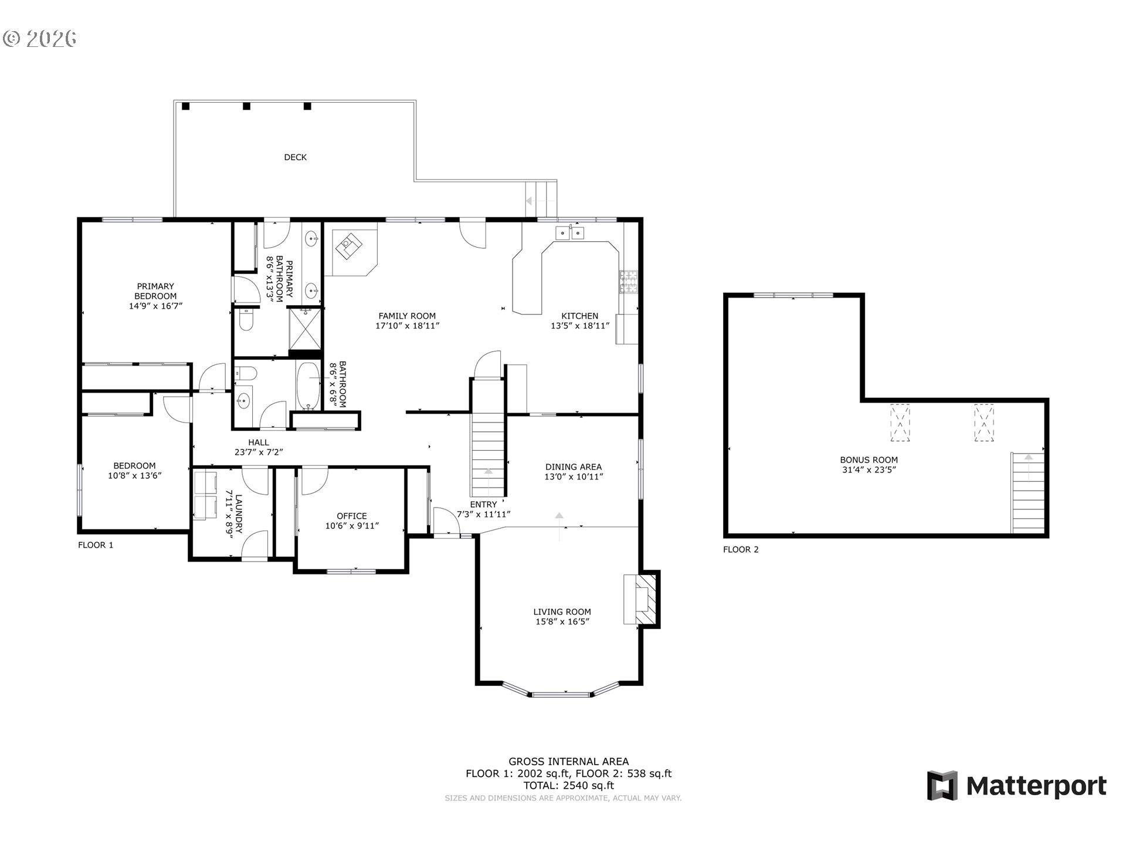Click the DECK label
295,157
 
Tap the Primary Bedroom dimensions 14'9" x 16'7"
155,306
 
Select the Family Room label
406,316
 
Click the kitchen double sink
569,233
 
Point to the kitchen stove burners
629,282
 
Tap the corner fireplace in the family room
350,248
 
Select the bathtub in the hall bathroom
307,386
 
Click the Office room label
352,516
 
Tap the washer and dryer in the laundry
205,495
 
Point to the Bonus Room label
869,460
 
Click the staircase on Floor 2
1028,493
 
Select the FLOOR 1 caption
96,545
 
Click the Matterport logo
1016,785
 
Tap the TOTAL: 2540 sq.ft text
568,785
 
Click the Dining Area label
573,467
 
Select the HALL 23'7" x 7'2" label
259,447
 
